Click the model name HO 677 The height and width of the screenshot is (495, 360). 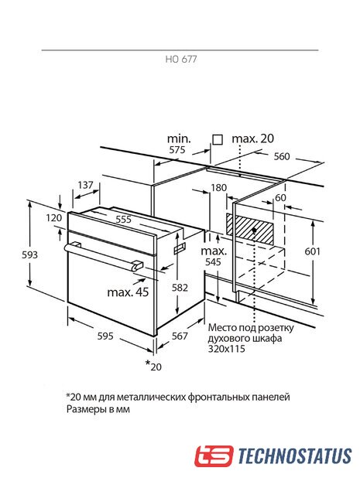181,59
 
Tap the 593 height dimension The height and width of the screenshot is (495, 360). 29,254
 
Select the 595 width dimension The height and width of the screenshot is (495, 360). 105,336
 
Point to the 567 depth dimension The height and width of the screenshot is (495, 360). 180,336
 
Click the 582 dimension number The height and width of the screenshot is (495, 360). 180,287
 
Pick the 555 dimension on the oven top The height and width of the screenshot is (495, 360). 123,219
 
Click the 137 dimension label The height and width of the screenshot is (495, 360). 85,185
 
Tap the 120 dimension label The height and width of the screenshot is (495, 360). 53,217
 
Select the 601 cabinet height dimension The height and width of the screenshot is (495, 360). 312,251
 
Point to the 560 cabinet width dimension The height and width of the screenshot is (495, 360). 282,156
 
